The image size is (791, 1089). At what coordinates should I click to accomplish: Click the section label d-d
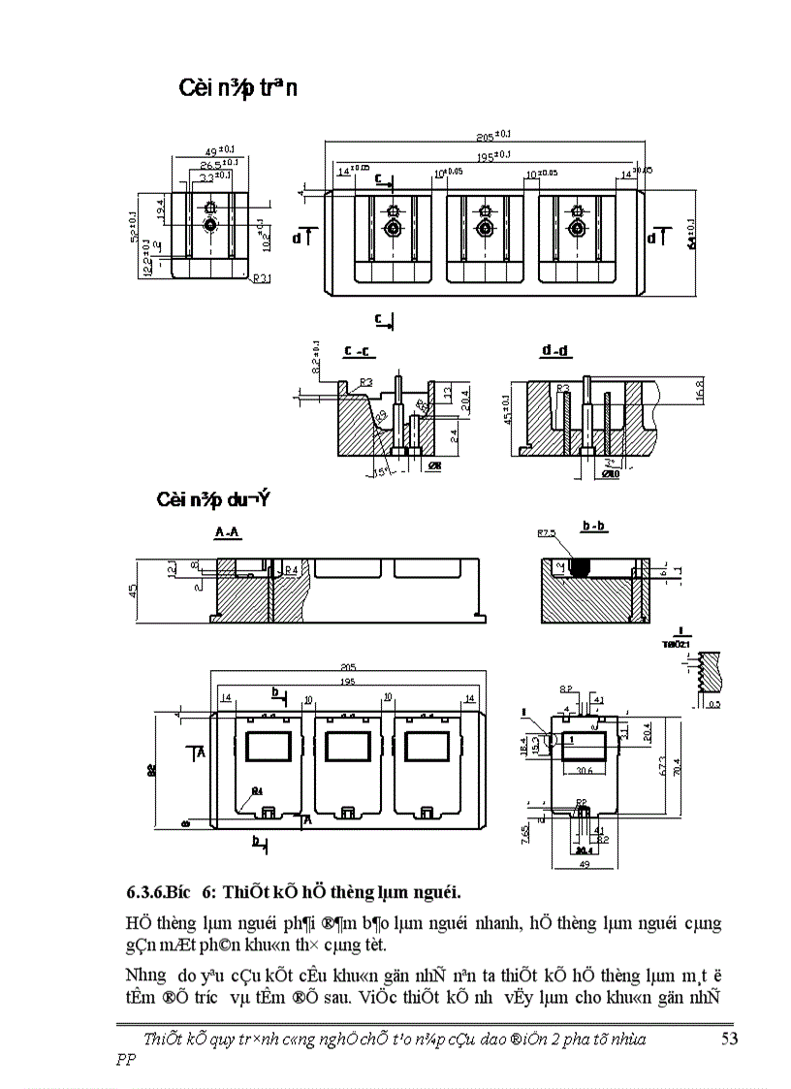pyautogui.click(x=558, y=349)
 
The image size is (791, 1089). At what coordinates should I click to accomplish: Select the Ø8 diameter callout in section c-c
pyautogui.click(x=435, y=465)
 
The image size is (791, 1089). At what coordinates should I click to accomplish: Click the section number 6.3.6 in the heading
pyautogui.click(x=148, y=891)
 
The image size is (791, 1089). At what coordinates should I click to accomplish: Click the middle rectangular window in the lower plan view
pyautogui.click(x=348, y=747)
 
